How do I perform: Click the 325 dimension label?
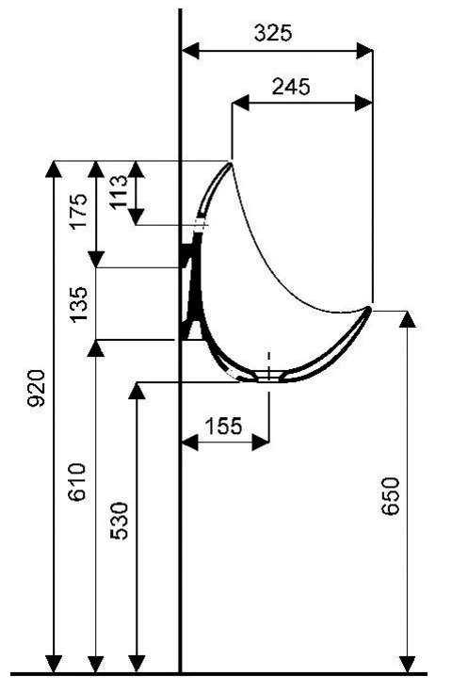tap(273, 32)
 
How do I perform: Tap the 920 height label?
tap(37, 388)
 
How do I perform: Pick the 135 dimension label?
tap(79, 303)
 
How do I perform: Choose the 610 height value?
tap(79, 483)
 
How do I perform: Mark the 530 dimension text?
tap(121, 521)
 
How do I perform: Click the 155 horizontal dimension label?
tap(223, 425)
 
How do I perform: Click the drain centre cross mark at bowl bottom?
tap(269, 374)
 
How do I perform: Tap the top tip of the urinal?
tap(232, 163)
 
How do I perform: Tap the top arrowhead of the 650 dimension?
tap(408, 316)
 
